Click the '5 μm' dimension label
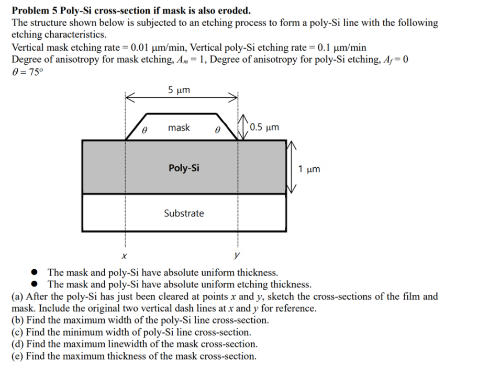tap(179, 90)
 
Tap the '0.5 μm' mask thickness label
tap(264, 127)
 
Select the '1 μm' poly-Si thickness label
tap(309, 169)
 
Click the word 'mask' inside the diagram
tap(179, 128)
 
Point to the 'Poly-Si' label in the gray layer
tap(184, 168)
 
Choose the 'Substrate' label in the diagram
tap(184, 213)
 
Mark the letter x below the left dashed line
tap(124, 256)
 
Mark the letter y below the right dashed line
tap(238, 256)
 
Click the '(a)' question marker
tap(17, 297)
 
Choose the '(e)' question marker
tap(17, 356)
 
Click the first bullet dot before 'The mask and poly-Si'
tap(35, 272)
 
